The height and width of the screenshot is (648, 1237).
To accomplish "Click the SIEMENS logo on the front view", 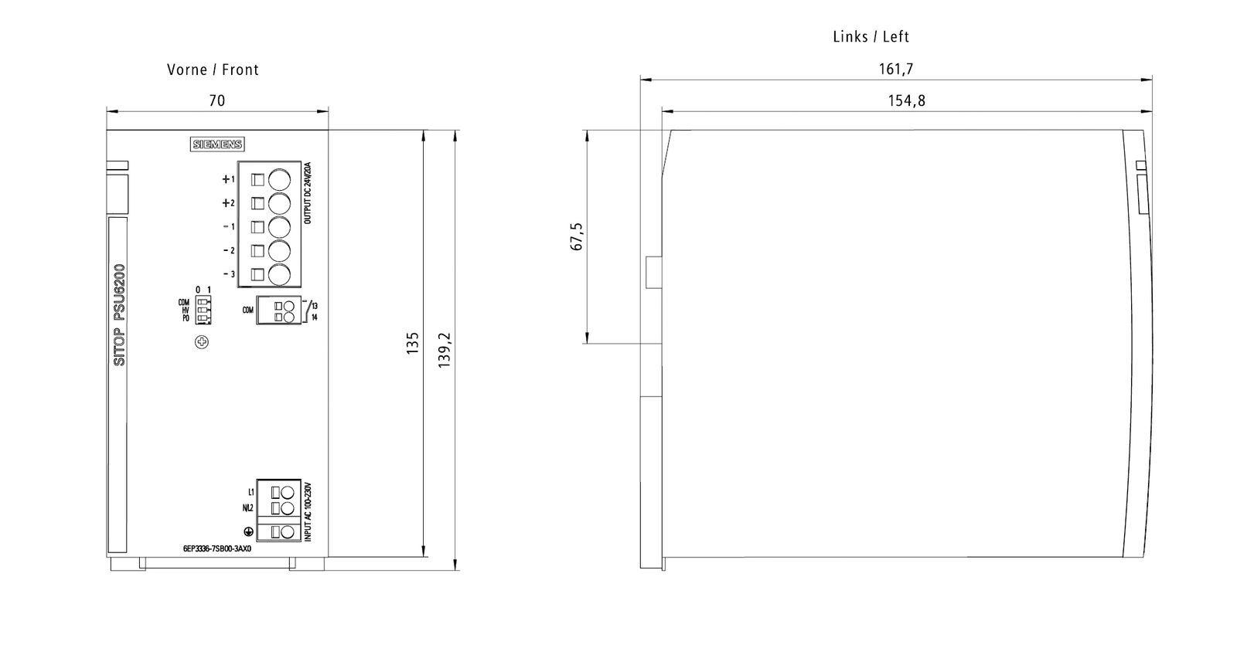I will click(217, 144).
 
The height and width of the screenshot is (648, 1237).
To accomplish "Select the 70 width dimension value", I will click(217, 100).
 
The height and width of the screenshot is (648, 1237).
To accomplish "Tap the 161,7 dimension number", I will click(896, 69).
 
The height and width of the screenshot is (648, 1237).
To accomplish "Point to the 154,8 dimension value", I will click(907, 100).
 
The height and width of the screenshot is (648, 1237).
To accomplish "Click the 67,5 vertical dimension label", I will click(577, 237).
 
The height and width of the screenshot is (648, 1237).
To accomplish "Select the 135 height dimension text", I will click(413, 344).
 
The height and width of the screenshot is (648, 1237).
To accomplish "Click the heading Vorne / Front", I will click(213, 70).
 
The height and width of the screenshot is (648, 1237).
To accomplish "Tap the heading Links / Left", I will click(871, 36).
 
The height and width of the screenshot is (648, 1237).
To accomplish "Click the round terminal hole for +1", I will click(279, 179).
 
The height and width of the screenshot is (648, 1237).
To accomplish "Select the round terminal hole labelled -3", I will click(279, 273).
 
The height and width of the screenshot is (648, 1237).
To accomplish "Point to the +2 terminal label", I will click(228, 203).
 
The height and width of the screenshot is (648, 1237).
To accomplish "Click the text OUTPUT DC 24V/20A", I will click(308, 193).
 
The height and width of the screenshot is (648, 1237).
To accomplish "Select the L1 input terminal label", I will click(251, 492).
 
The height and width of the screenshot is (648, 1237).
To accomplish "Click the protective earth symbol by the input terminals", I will click(249, 531).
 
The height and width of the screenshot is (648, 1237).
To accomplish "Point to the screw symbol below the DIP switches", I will click(202, 341).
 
